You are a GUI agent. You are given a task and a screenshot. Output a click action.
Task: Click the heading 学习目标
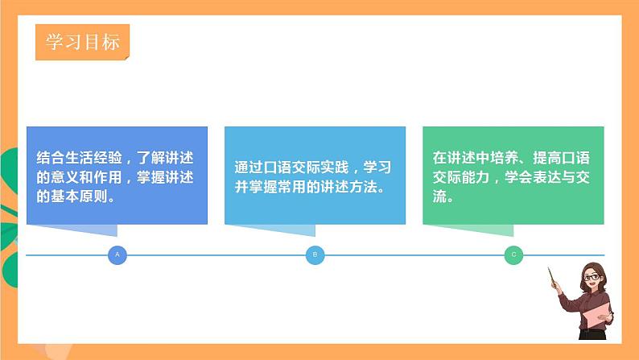click(x=81, y=42)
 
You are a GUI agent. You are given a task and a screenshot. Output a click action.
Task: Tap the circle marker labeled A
click(x=117, y=255)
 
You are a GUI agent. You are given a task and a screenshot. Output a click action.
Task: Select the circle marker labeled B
click(x=315, y=255)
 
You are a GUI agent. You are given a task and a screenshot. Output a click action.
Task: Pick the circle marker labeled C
click(x=513, y=255)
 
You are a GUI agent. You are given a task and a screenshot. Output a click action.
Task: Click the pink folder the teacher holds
click(x=596, y=317)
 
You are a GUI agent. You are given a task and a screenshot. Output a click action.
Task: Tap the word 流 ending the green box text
click(x=439, y=196)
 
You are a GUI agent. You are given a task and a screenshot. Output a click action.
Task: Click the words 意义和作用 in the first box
click(x=86, y=176)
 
